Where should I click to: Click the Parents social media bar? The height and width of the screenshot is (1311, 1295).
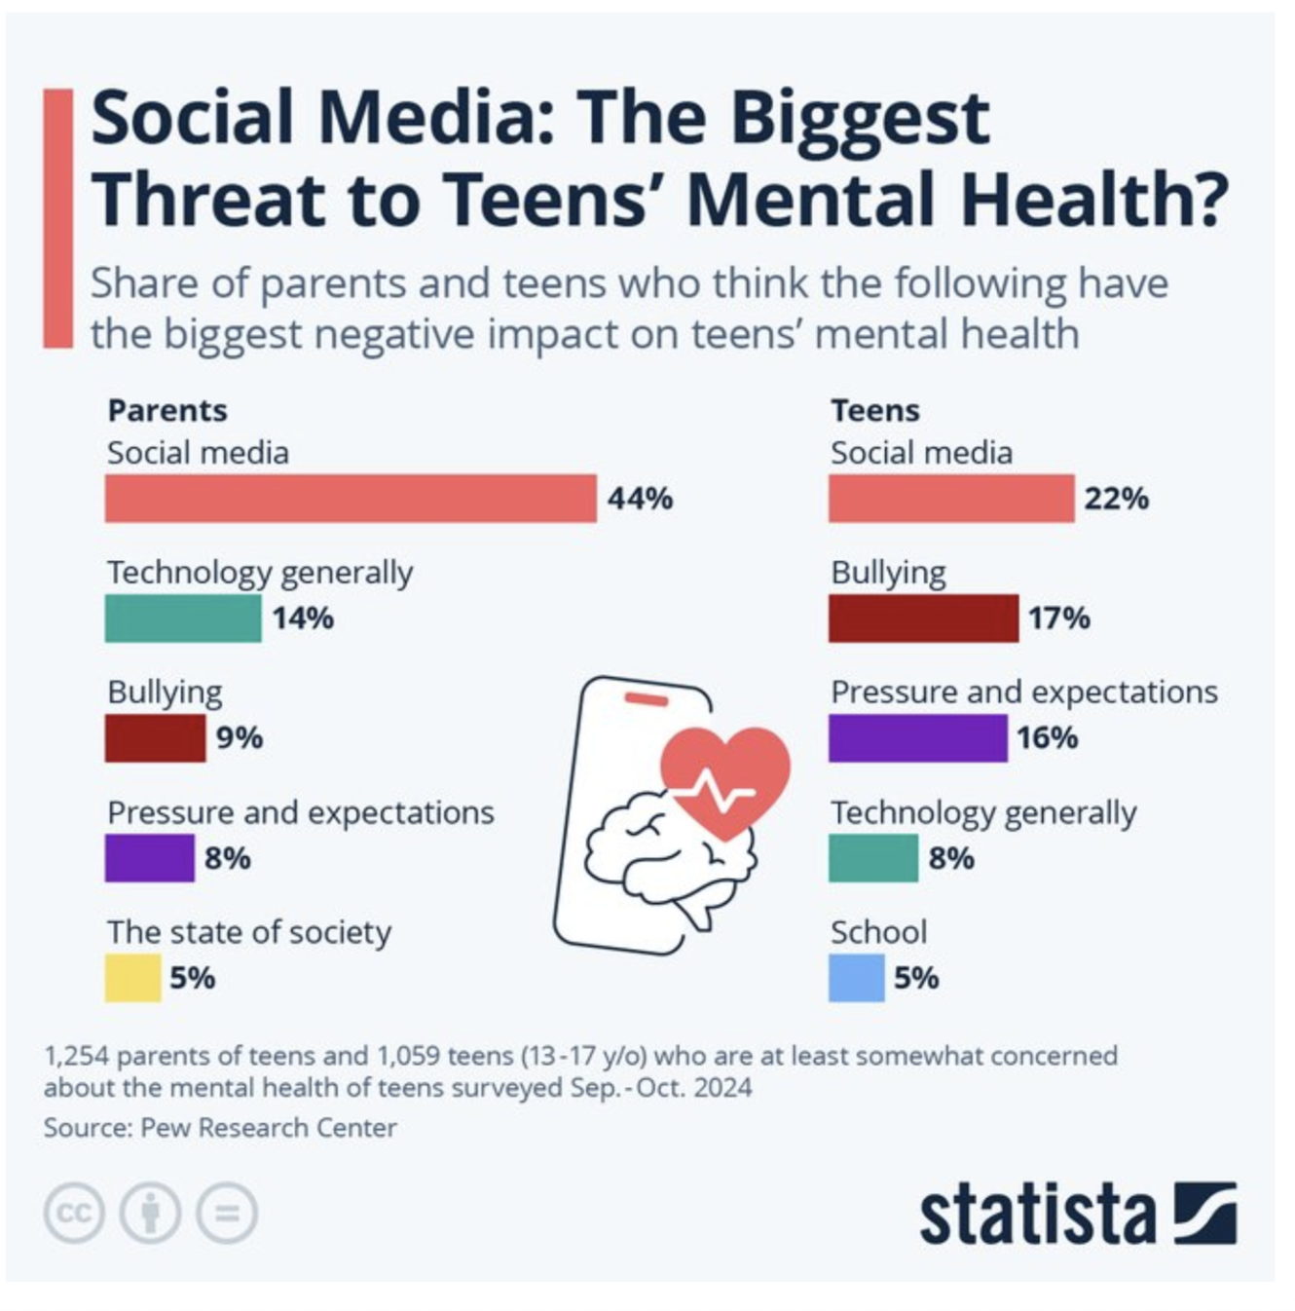tap(351, 499)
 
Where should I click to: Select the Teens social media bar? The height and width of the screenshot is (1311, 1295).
tap(951, 499)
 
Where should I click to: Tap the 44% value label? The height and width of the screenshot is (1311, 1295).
tap(640, 499)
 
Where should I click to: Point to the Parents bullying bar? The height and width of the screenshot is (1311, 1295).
tap(155, 738)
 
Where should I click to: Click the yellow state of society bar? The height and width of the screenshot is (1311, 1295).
tap(132, 978)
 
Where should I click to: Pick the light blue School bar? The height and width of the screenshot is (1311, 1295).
tap(856, 978)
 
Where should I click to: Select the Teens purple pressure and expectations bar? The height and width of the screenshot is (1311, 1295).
tap(917, 738)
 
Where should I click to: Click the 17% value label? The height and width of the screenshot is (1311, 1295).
tap(1058, 618)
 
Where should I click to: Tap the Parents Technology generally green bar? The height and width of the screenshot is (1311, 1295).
tap(183, 618)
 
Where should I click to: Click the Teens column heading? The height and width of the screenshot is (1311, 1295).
tap(874, 410)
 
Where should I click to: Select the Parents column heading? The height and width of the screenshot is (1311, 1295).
tap(167, 410)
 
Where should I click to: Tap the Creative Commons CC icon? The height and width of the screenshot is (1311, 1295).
tap(74, 1214)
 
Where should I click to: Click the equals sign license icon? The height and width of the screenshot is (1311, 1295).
tap(227, 1214)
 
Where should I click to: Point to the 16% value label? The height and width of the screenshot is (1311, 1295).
tap(1047, 738)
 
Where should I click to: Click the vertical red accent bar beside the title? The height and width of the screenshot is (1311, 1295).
tap(58, 218)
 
